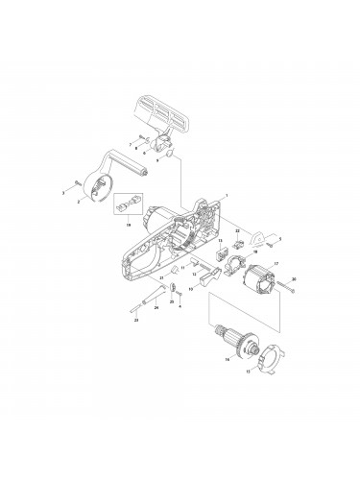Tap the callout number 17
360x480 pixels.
[276, 263]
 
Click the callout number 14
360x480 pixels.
[227, 361]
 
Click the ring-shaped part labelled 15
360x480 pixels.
[268, 356]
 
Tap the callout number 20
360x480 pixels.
[294, 279]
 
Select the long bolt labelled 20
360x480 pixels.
[285, 287]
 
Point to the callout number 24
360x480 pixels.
[156, 309]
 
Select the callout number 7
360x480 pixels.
[131, 143]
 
